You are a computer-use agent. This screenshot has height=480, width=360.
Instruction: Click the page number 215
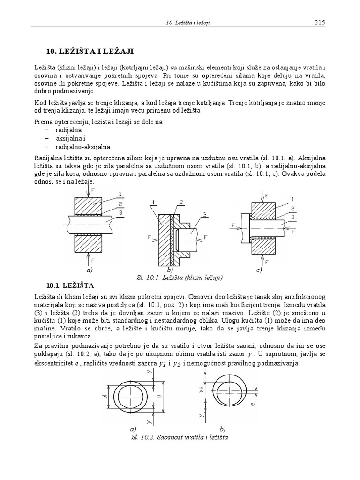[x=320, y=22]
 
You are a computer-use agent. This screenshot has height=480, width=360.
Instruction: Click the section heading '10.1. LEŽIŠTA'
[x=70, y=285]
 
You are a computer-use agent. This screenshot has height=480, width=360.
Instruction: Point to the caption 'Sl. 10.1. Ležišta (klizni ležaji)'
[x=180, y=277]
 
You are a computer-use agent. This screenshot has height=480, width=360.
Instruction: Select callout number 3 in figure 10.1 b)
[x=204, y=214]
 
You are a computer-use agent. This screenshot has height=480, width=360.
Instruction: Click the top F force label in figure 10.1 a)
[x=92, y=190]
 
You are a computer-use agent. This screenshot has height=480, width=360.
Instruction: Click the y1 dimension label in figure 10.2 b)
[x=201, y=415]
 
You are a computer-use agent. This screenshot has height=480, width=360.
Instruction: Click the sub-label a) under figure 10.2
[x=133, y=428]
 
